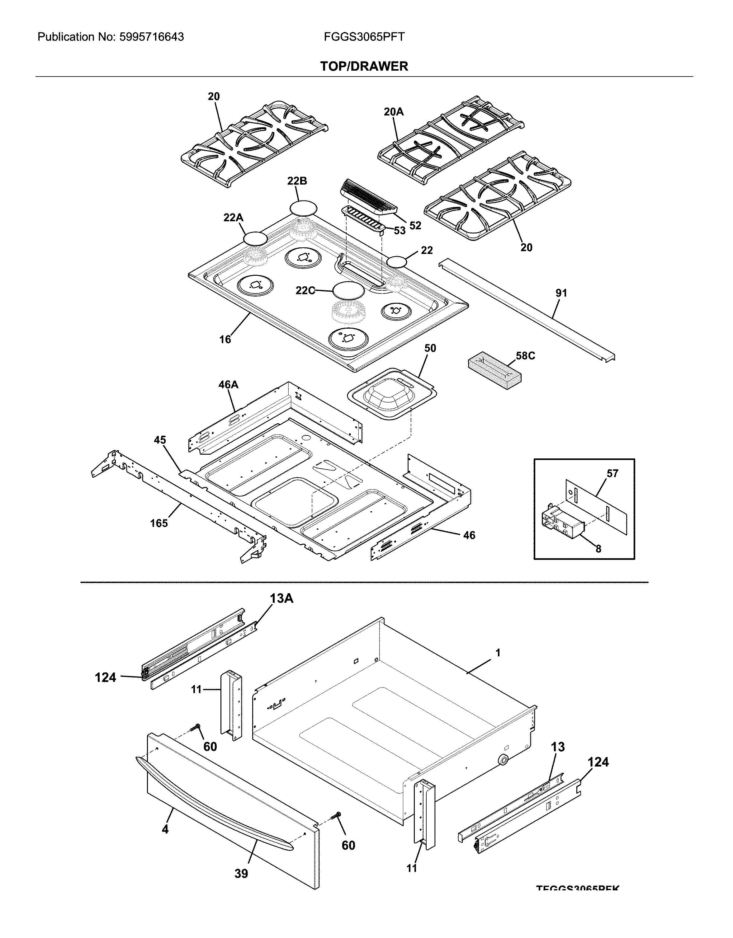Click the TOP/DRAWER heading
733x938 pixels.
click(364, 66)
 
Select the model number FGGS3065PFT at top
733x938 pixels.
click(364, 37)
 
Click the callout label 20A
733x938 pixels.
click(393, 112)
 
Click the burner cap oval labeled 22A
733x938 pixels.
click(255, 238)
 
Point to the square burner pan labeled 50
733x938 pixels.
click(391, 393)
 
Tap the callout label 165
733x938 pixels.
click(159, 523)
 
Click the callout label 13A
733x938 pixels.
click(281, 598)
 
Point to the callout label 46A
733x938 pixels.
click(228, 385)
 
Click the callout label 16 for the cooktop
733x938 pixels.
click(225, 339)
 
